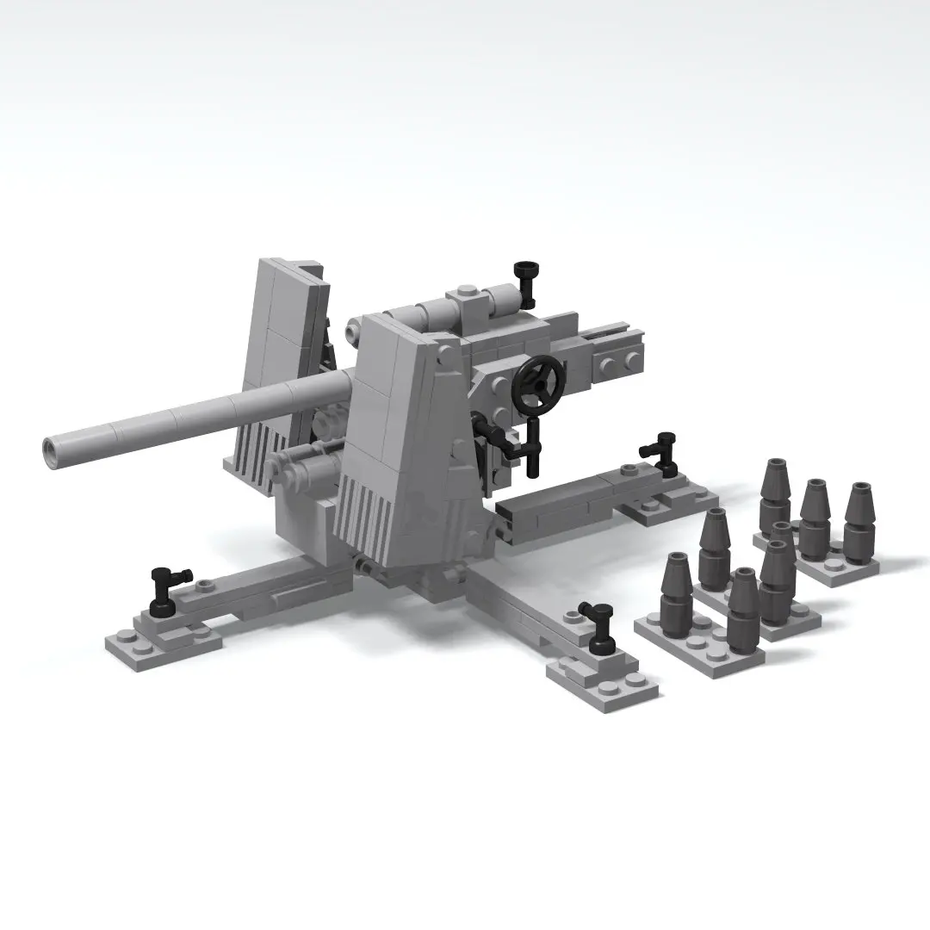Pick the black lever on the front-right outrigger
(x=597, y=623)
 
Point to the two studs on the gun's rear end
(x=622, y=362)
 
